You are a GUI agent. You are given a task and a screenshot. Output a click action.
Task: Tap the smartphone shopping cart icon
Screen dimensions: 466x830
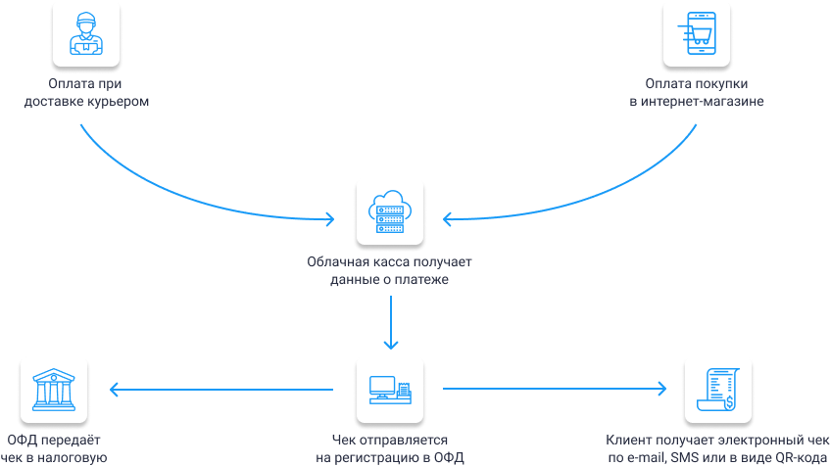click(696, 33)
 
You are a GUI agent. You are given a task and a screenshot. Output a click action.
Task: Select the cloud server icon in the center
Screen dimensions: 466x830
click(390, 212)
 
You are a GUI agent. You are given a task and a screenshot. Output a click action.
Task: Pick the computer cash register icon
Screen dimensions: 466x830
click(390, 390)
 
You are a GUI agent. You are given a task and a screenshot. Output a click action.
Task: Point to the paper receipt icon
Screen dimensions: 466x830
click(717, 390)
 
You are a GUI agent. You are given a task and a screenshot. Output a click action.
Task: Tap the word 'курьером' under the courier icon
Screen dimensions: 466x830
click(121, 101)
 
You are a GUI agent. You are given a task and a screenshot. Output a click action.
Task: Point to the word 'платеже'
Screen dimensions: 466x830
click(426, 280)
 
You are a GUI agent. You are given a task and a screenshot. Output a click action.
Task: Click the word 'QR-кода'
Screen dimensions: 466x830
click(791, 457)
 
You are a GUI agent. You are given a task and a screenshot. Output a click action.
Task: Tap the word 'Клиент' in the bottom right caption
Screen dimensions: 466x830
click(628, 441)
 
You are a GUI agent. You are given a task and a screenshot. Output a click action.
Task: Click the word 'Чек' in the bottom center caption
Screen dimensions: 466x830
click(343, 441)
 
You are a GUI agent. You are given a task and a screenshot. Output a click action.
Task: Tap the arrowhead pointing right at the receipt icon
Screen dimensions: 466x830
click(663, 390)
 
